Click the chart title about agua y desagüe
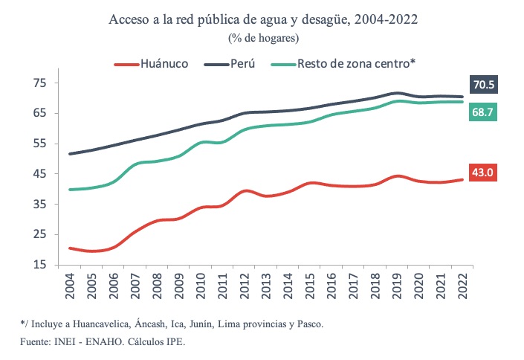coord(263,19)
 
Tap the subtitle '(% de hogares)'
coord(262,37)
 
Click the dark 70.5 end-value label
coord(483,84)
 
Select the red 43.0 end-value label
coord(483,173)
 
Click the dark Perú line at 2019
coord(398,93)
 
